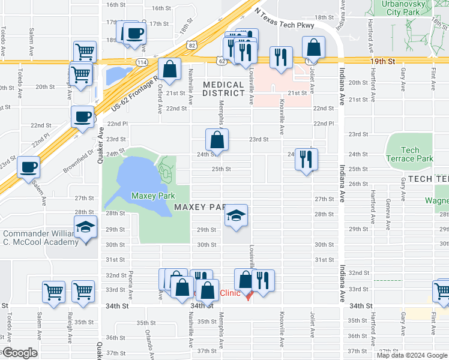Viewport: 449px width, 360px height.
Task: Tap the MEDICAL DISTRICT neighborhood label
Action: click(x=223, y=89)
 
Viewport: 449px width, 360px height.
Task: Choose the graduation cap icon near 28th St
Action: click(x=237, y=215)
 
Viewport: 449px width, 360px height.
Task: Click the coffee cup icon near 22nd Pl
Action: click(x=82, y=116)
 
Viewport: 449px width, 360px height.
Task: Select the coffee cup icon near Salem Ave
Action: click(x=28, y=166)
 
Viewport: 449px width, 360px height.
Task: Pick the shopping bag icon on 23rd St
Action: click(x=217, y=140)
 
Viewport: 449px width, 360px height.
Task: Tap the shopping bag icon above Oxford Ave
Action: click(x=170, y=68)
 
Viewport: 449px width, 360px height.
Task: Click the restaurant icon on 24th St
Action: click(x=306, y=159)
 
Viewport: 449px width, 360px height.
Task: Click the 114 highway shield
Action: click(x=142, y=62)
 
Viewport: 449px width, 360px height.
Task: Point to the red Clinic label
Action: click(x=230, y=293)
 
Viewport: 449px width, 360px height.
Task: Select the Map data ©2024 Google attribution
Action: click(x=411, y=355)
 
